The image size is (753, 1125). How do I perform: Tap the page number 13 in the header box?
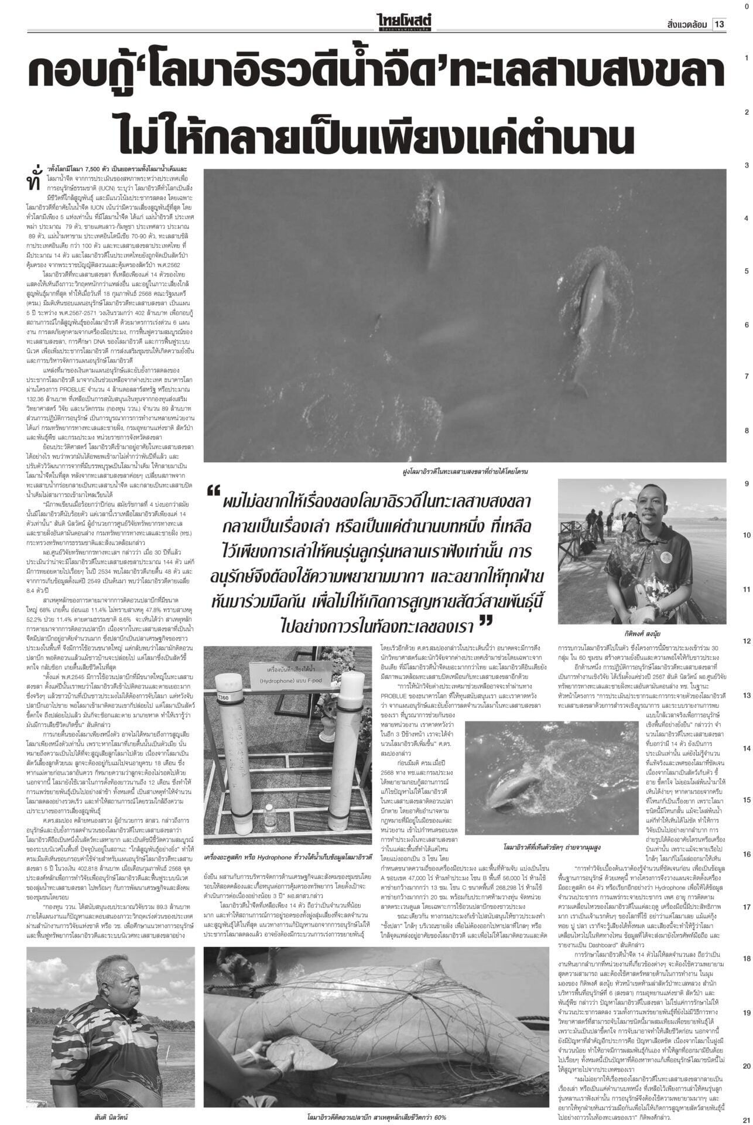(718, 25)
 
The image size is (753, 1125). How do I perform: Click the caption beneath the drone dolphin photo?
(462, 471)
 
